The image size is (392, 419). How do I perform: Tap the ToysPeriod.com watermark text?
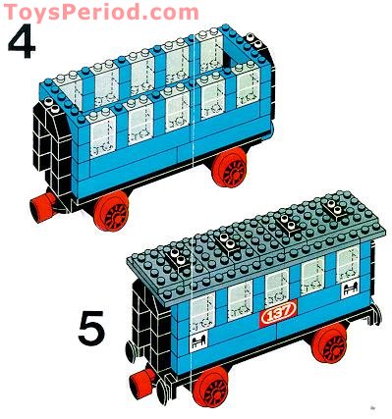click(99, 12)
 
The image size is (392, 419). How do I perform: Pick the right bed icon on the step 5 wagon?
click(349, 291)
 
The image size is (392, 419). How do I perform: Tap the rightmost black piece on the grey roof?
click(334, 210)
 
